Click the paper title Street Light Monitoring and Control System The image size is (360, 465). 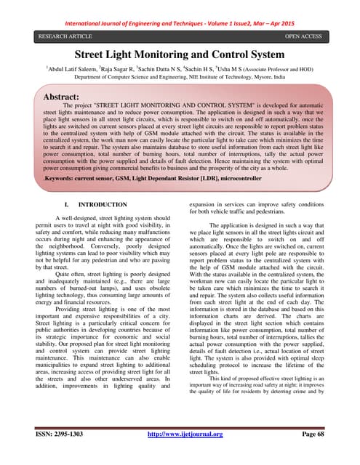point(180,54)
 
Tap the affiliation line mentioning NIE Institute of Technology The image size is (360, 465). point(180,76)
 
